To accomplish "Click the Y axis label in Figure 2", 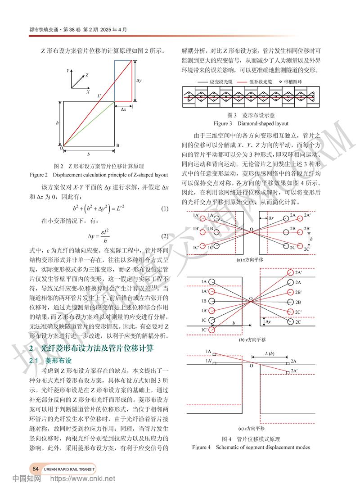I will tap(67, 71).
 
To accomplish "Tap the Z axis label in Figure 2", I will tap(87, 74).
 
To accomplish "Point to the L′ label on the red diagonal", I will tap(99, 96).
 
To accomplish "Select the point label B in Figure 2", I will tap(117, 146).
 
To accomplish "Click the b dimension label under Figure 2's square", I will tap(88, 154).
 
